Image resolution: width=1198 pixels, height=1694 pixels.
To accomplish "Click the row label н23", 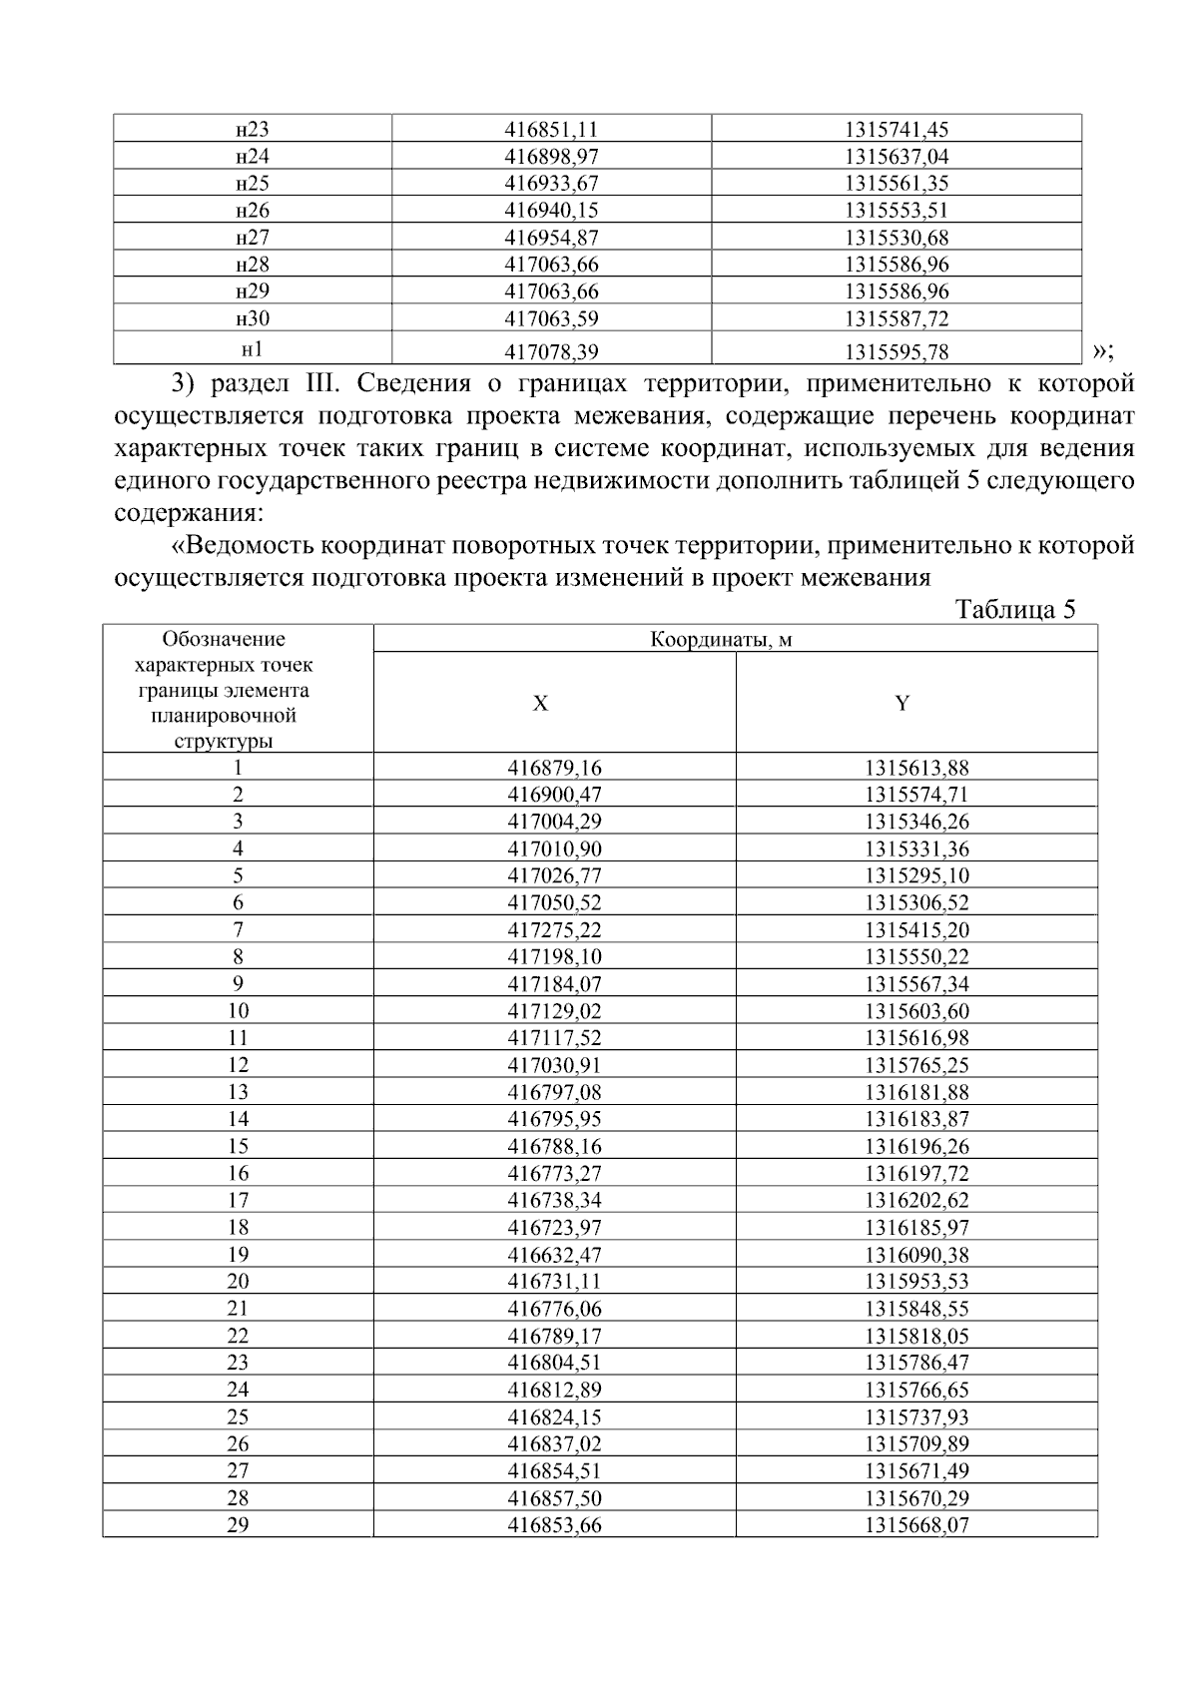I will pyautogui.click(x=253, y=130).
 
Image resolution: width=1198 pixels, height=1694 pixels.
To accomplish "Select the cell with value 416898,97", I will pyautogui.click(x=551, y=157).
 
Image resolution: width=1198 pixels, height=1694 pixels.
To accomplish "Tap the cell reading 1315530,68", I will pyautogui.click(x=896, y=238).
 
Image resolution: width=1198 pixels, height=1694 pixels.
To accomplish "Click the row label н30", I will pyautogui.click(x=253, y=319).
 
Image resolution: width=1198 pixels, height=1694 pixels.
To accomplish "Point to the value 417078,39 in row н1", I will pyautogui.click(x=551, y=351).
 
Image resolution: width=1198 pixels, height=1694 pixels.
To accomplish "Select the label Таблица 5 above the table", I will pyautogui.click(x=1014, y=610).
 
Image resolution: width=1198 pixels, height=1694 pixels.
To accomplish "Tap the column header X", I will pyautogui.click(x=540, y=704).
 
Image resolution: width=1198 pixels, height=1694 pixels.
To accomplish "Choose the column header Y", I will pyautogui.click(x=901, y=704).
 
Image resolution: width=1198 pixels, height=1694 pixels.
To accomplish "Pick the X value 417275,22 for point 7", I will pyautogui.click(x=554, y=930).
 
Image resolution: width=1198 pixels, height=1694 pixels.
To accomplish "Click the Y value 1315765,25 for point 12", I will pyautogui.click(x=916, y=1065).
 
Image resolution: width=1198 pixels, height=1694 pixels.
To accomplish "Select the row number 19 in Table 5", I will pyautogui.click(x=238, y=1255).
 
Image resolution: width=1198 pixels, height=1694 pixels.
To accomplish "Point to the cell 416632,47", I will pyautogui.click(x=554, y=1255).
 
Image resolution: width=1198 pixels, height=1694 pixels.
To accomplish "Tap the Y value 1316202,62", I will pyautogui.click(x=916, y=1201).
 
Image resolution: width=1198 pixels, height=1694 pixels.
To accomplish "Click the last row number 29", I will pyautogui.click(x=238, y=1525).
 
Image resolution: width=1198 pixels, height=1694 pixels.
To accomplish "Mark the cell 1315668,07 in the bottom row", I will pyautogui.click(x=916, y=1525).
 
